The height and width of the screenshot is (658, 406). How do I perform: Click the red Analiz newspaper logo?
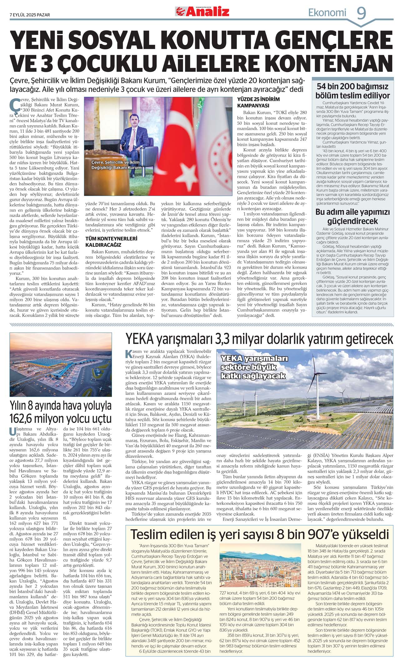(202, 12)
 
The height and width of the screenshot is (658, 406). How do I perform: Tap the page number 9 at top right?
(361, 13)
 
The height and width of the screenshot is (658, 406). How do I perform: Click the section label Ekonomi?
(327, 12)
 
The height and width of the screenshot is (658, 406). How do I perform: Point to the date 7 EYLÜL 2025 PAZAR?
(30, 15)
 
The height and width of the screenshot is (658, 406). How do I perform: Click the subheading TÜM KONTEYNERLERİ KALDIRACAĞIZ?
(111, 242)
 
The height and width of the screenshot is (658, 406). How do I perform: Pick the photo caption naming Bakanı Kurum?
(116, 165)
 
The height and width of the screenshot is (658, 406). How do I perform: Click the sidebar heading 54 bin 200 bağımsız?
(353, 87)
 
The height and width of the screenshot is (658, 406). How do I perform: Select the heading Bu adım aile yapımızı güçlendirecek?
(353, 217)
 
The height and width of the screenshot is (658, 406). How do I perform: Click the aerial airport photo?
(61, 364)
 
